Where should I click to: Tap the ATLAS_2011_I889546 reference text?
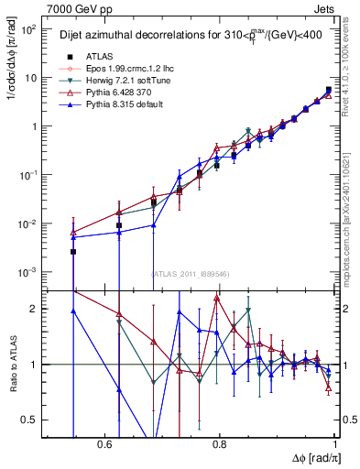191,273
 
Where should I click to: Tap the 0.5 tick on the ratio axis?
31,420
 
